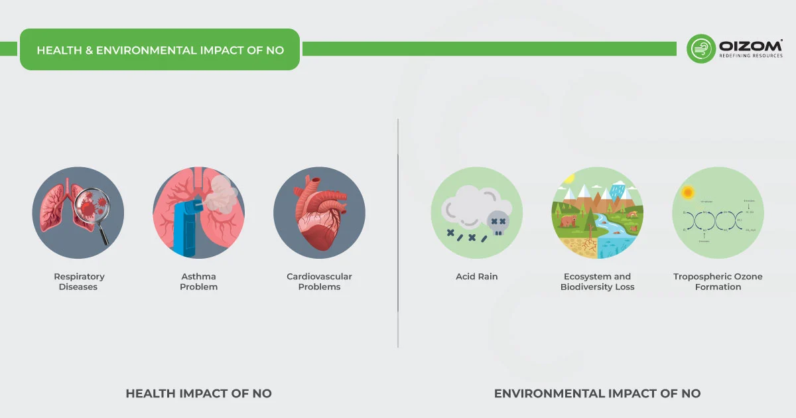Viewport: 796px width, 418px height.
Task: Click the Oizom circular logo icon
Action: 700,48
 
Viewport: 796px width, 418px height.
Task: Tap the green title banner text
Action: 160,50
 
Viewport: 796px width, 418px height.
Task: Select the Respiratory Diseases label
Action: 80,282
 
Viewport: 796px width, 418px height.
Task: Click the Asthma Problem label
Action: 198,282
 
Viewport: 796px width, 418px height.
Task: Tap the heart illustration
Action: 319,212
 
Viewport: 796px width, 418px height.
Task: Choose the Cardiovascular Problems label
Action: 319,282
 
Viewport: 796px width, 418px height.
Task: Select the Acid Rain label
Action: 476,277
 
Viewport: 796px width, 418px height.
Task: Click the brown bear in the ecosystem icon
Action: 568,221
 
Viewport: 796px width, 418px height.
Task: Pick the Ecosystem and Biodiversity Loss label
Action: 597,282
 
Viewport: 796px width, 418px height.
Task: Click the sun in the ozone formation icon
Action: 687,192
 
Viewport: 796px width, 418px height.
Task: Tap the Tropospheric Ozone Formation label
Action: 718,282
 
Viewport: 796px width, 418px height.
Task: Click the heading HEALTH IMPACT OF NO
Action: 198,393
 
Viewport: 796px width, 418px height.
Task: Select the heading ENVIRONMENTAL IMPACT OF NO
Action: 597,393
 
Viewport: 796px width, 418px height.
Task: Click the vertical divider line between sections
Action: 398,232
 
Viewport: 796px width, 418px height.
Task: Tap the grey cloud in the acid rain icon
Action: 468,206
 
